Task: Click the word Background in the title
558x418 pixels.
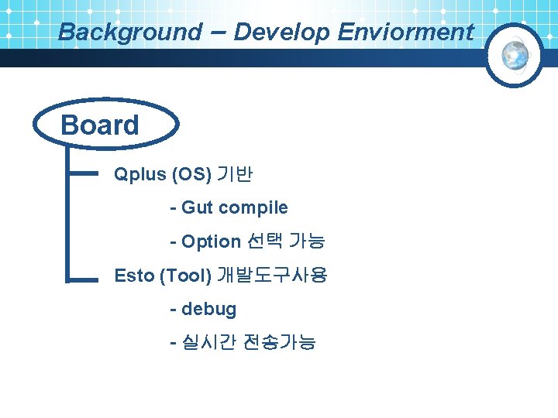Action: point(129,33)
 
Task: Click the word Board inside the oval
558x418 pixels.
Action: point(100,125)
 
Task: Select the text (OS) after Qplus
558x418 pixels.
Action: point(193,174)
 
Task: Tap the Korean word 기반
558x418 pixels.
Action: point(236,174)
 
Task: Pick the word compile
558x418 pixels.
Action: point(253,207)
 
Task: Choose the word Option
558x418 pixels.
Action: point(211,242)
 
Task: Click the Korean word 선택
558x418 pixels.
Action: point(264,242)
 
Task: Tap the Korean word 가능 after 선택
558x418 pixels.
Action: point(307,242)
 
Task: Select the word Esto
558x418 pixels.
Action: point(134,275)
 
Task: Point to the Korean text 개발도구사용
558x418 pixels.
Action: point(272,275)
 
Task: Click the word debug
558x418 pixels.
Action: point(208,309)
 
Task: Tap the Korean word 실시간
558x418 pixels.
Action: point(208,342)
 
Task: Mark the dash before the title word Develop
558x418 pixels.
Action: point(218,31)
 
